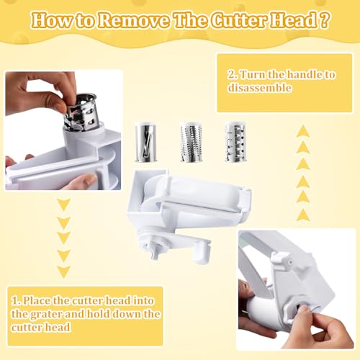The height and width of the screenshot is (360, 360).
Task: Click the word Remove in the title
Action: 135,20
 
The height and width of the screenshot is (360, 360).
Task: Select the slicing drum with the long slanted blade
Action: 145,142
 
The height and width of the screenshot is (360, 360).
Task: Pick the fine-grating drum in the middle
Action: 191,142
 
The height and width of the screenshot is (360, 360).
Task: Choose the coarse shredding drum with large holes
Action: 235,142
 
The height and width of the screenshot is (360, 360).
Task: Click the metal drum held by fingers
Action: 81,112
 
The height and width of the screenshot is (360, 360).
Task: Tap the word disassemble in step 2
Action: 260,88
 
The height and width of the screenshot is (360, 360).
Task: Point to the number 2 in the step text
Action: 232,74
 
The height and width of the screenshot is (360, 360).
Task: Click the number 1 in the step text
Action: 15,301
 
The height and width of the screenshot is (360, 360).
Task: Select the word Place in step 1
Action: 37,301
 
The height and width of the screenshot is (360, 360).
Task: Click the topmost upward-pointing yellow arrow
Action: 303,131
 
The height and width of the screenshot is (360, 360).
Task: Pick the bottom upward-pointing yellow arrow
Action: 303,215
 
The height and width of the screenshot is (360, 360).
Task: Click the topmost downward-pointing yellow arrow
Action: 64,205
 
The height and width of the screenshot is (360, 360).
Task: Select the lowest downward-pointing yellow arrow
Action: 64,272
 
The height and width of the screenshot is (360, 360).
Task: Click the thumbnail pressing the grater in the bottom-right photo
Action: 303,309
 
